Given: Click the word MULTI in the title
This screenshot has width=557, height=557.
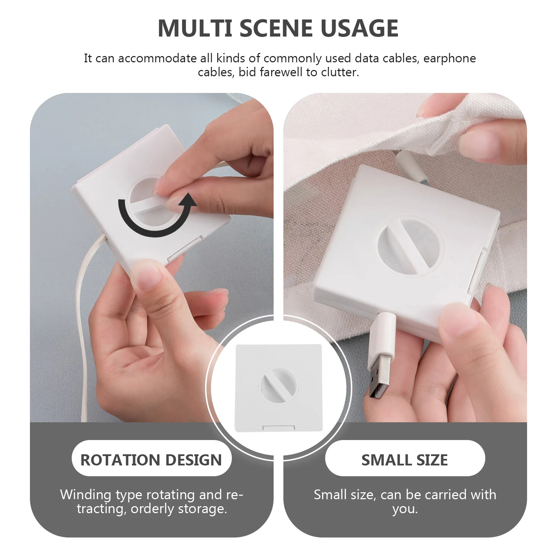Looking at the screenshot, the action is (195, 28).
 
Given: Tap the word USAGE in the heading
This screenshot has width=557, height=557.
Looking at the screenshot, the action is (360, 28).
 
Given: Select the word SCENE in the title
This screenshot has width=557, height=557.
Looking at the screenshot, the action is (276, 28).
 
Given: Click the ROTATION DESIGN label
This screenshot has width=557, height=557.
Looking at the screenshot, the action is (151, 460).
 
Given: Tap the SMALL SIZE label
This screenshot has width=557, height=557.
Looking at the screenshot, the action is (405, 460).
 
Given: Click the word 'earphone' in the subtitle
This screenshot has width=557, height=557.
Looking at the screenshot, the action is (449, 58).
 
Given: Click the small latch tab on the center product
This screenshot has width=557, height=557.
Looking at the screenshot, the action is (278, 427).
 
